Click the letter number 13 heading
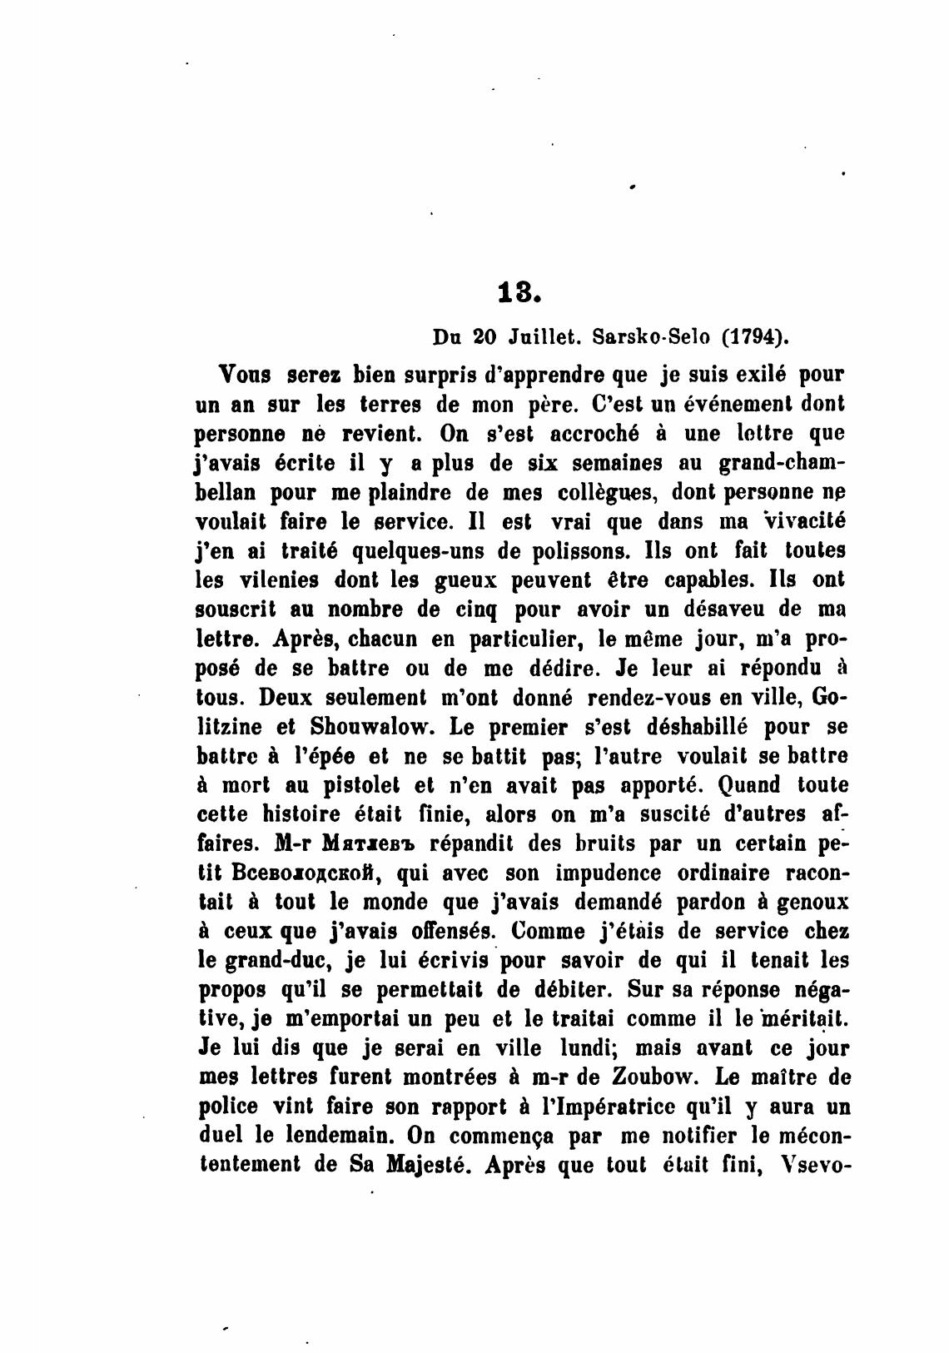pyautogui.click(x=519, y=293)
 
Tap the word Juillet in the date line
pyautogui.click(x=542, y=339)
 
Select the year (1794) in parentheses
pyautogui.click(x=755, y=339)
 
